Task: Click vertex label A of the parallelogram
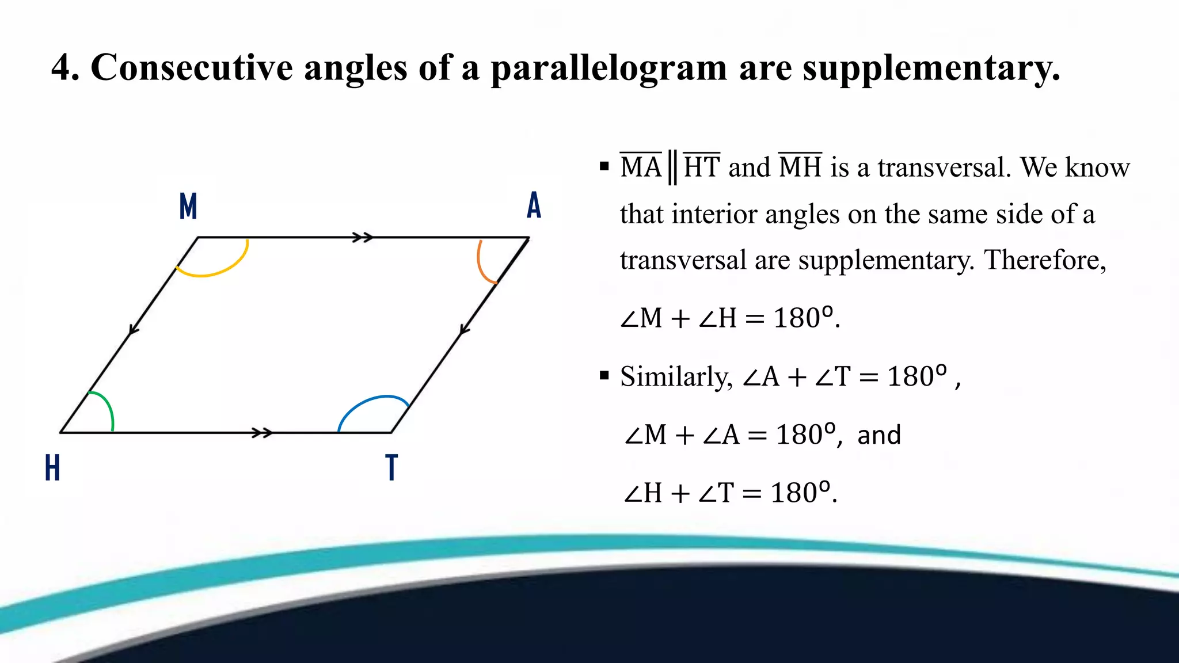(x=534, y=205)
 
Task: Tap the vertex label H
(x=52, y=467)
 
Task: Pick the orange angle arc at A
(x=481, y=265)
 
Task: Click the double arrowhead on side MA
(x=363, y=237)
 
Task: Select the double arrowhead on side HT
(x=263, y=433)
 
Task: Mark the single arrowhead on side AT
(x=465, y=330)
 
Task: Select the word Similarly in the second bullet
(x=676, y=377)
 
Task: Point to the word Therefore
(x=1044, y=260)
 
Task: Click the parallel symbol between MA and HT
(x=672, y=167)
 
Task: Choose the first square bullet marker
(x=604, y=167)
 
